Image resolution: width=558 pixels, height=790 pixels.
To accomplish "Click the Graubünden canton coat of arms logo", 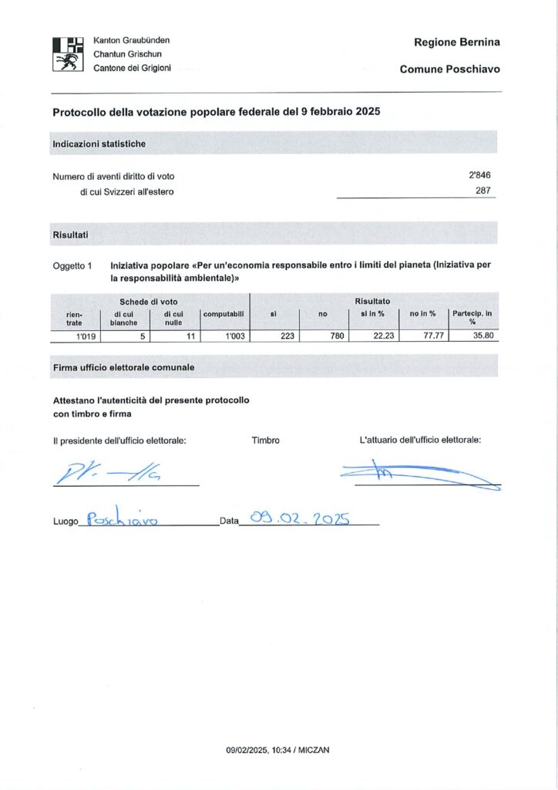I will coord(67,54).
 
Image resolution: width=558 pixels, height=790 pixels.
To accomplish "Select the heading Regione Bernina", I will coord(456,42).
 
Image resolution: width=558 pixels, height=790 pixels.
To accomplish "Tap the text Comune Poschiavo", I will coord(449,69).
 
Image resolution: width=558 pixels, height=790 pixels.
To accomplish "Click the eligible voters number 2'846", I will coord(479,176).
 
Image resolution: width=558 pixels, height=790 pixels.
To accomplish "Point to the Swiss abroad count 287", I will coord(483,191).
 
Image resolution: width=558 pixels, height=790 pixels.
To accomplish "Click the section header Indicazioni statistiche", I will coord(99,143).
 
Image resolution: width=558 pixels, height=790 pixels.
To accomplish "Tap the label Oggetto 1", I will coord(72,265).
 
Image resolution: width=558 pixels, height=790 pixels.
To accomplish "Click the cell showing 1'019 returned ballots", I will coord(85,336).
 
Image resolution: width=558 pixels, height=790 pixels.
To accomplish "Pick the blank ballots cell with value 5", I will coord(143,336).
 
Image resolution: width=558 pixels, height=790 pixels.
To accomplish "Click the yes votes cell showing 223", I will coord(287,336).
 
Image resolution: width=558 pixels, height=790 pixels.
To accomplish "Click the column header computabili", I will coord(224,314).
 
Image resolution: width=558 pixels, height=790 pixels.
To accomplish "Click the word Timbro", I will coord(265,441).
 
